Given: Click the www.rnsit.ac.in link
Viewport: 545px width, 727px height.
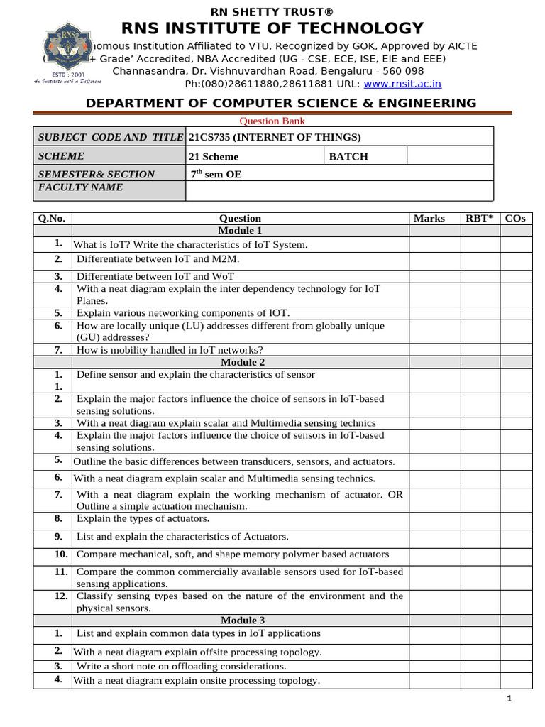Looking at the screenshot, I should (x=402, y=84).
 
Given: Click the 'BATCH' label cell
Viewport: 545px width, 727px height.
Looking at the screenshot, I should (x=348, y=157).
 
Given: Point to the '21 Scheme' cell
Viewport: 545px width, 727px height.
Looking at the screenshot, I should (x=214, y=157).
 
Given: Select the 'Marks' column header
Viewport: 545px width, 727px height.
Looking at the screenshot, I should (x=429, y=219).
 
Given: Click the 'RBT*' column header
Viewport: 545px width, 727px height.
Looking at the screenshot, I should (x=480, y=219).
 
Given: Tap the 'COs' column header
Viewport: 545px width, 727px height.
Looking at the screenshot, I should (x=515, y=219).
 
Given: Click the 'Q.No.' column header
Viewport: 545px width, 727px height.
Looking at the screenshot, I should (x=52, y=219).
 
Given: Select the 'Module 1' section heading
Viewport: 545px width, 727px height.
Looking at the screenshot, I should (x=240, y=231).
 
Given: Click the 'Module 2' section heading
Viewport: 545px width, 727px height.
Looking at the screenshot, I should (x=240, y=363).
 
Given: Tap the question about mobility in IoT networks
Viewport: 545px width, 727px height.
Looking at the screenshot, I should (x=170, y=350).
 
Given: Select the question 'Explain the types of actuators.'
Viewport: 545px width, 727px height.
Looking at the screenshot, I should (x=143, y=519).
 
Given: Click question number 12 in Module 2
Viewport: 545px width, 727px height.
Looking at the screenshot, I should (x=61, y=596).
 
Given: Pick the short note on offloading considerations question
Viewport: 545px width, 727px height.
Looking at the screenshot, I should (x=182, y=667).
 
